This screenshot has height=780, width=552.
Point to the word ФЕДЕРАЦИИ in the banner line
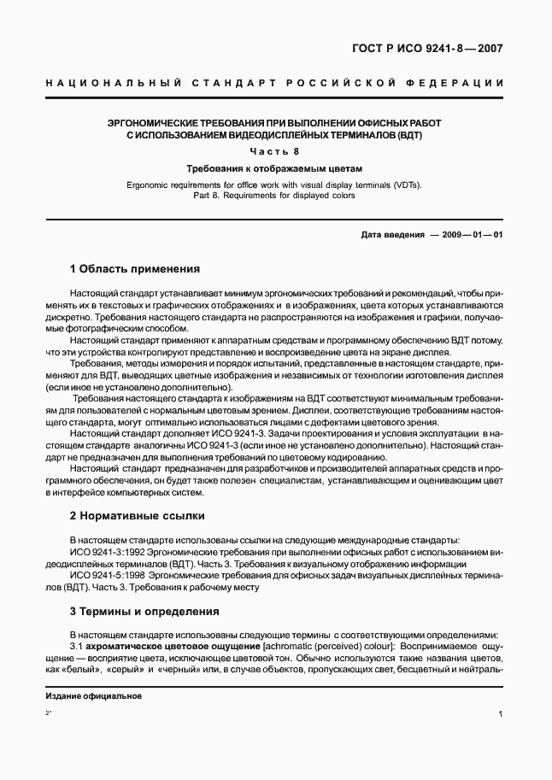[x=461, y=83]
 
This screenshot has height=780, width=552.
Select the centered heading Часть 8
[x=275, y=151]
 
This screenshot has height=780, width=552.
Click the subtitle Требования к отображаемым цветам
[x=275, y=168]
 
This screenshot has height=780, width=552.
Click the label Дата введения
[x=392, y=234]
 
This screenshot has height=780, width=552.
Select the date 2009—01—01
[x=473, y=234]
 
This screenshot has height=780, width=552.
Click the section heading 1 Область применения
[x=134, y=268]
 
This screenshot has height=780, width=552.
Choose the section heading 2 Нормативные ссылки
[x=136, y=516]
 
